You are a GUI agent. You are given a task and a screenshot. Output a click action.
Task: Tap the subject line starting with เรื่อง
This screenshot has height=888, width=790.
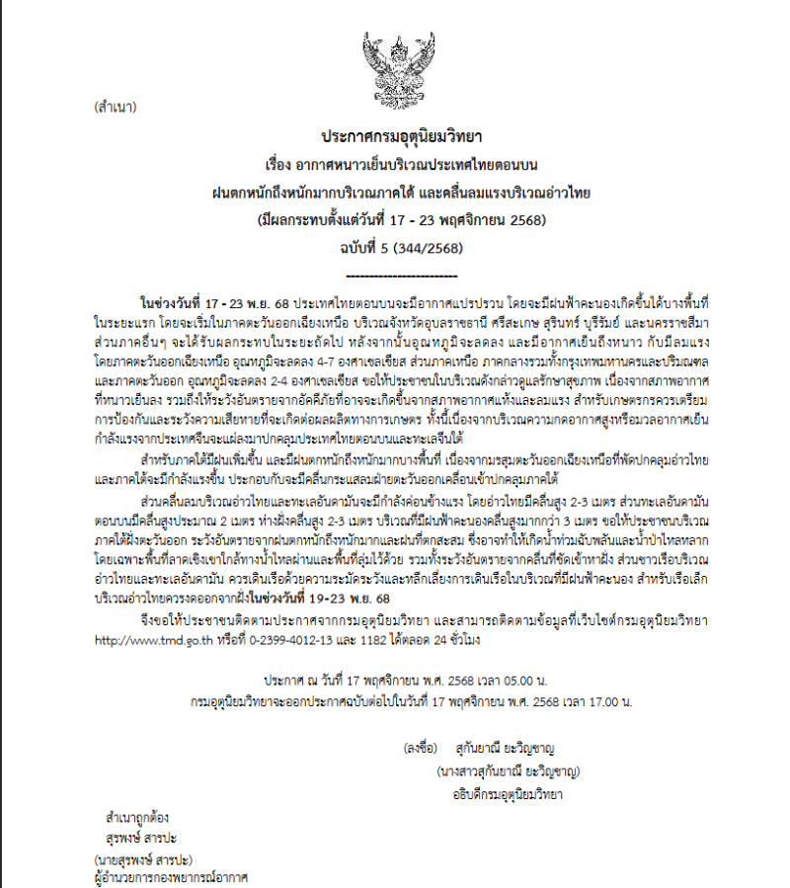click(x=393, y=162)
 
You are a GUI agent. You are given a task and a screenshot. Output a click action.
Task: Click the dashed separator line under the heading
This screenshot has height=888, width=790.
click(x=392, y=273)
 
